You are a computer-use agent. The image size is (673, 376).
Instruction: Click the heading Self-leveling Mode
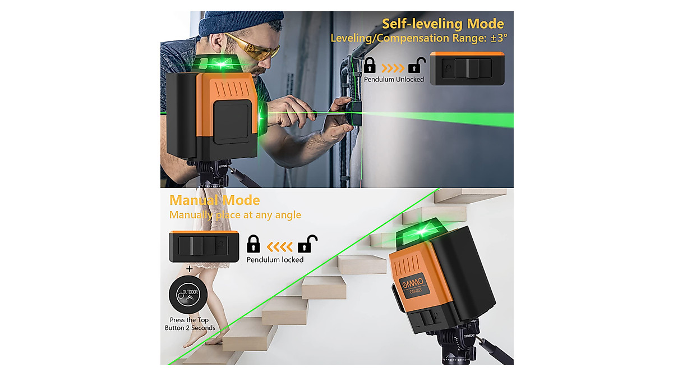442,24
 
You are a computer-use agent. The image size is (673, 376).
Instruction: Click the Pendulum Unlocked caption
394,79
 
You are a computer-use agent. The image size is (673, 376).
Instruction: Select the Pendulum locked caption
275,260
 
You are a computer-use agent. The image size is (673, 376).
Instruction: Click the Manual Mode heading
215,200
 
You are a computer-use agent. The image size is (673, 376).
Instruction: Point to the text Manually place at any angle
235,215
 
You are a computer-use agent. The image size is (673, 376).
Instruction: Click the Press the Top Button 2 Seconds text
190,324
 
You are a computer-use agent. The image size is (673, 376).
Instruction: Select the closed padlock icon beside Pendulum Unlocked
370,65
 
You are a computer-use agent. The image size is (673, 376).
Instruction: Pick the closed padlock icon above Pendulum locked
253,243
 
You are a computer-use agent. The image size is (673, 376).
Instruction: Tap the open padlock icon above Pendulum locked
307,243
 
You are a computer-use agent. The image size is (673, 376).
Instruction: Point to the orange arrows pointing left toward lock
279,245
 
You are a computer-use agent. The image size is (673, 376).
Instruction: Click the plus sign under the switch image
190,269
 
